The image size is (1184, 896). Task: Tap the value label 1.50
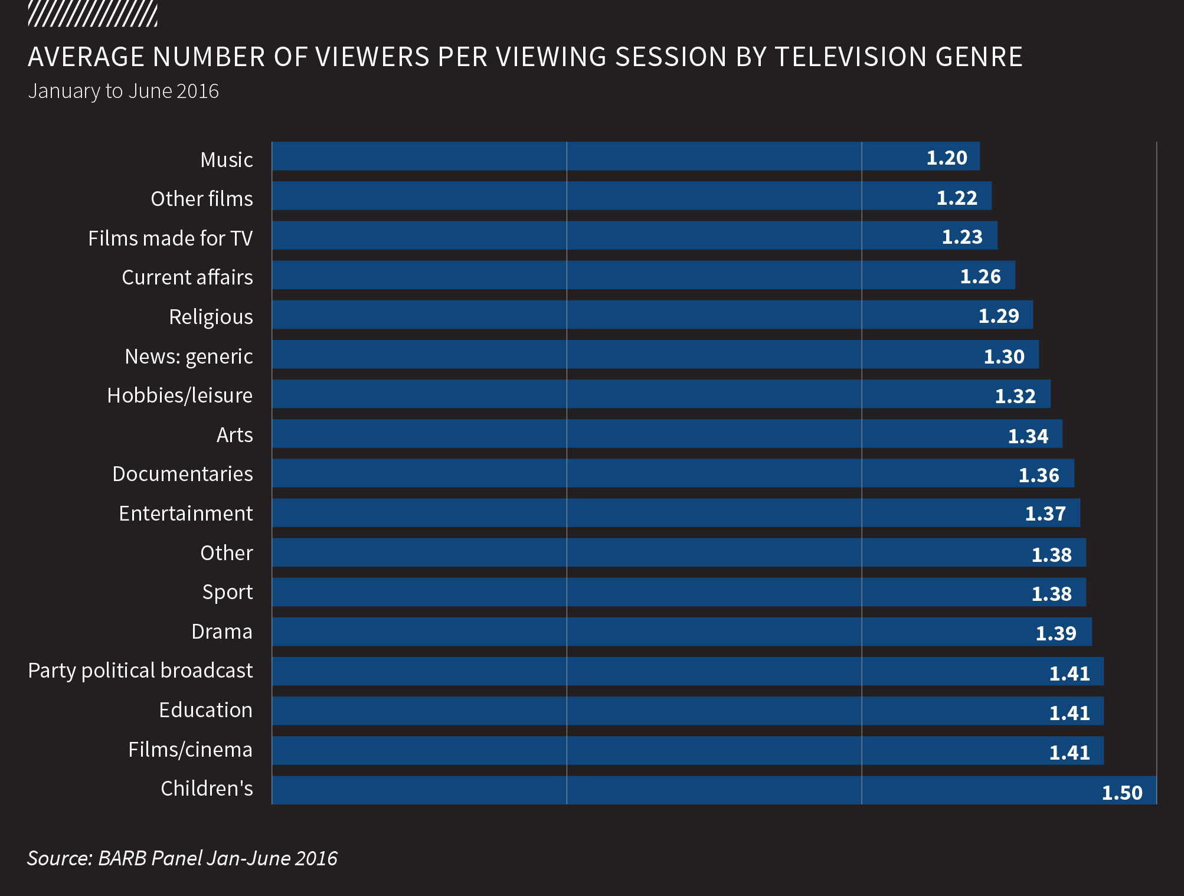(x=1122, y=792)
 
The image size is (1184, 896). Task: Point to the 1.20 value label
(x=947, y=158)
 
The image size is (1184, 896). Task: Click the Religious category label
(x=211, y=317)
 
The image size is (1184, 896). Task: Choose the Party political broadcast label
(x=140, y=671)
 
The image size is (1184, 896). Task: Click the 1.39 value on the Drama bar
(x=1056, y=633)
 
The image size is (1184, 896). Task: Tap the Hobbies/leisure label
(x=179, y=395)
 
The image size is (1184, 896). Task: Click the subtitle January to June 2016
(x=123, y=91)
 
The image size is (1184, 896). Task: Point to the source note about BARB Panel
(x=182, y=858)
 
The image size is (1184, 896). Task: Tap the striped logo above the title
(x=93, y=14)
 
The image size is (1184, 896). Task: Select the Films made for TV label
(x=170, y=238)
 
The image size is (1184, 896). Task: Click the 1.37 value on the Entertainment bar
(x=1045, y=514)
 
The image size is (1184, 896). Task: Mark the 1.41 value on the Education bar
(x=1069, y=713)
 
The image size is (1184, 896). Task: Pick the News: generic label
(x=189, y=357)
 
